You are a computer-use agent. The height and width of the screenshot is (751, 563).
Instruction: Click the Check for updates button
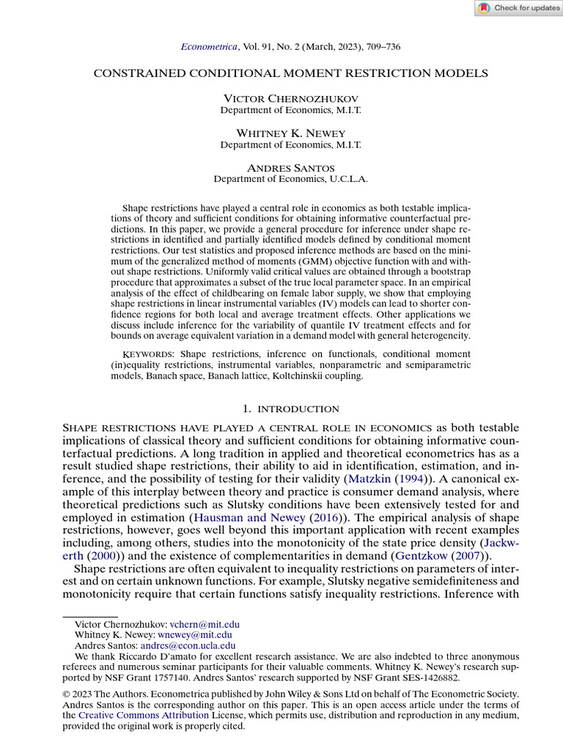[x=518, y=8]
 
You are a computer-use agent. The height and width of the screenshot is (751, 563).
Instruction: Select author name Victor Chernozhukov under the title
[x=290, y=98]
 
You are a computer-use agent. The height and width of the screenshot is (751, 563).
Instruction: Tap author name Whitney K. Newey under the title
[x=290, y=133]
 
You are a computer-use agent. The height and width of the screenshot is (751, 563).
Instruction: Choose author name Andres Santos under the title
[x=290, y=168]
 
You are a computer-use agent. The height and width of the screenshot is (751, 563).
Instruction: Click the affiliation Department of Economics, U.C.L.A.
[x=290, y=179]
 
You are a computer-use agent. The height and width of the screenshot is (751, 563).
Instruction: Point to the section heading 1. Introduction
[x=290, y=409]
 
